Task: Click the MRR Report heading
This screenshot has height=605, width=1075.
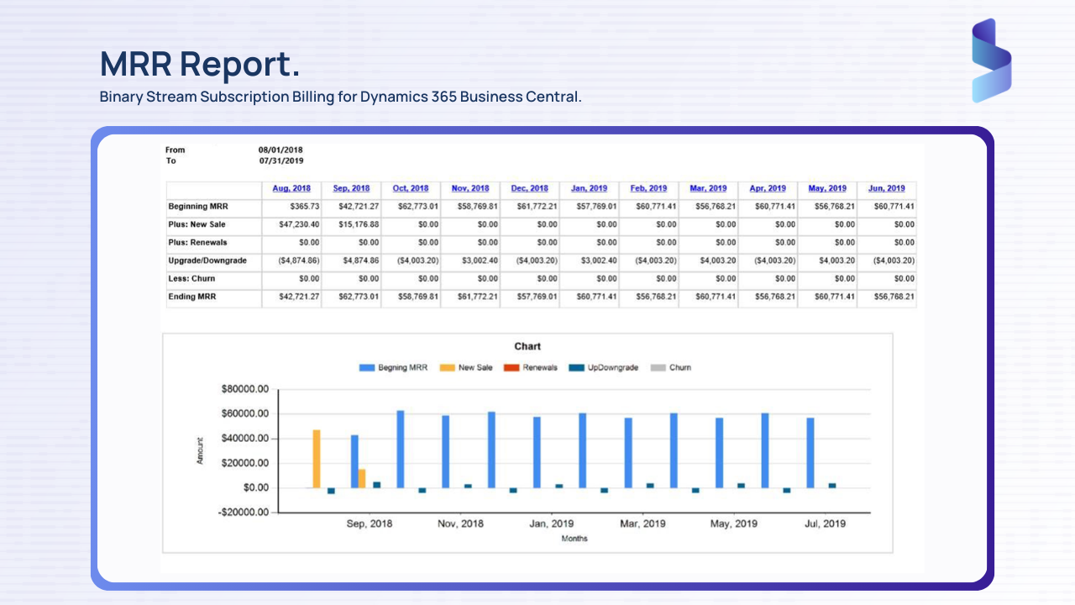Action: point(199,64)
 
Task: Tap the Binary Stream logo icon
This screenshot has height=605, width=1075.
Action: point(991,60)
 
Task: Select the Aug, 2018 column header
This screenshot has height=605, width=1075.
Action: point(291,188)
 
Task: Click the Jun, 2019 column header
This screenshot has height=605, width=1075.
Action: point(886,188)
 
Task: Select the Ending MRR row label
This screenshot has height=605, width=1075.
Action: point(191,297)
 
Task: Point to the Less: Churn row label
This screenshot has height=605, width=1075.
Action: point(191,278)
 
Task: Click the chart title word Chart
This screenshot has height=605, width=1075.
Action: point(527,346)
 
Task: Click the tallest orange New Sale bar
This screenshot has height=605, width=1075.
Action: point(317,459)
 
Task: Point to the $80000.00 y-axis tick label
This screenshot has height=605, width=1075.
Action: point(244,390)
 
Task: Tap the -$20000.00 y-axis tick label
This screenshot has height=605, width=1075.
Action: point(244,513)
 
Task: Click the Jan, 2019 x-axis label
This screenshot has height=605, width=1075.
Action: point(552,523)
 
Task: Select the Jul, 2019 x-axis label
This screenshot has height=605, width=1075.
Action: point(825,523)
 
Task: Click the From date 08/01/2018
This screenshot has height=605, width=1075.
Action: point(281,150)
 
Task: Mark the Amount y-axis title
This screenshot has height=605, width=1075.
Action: point(200,450)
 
